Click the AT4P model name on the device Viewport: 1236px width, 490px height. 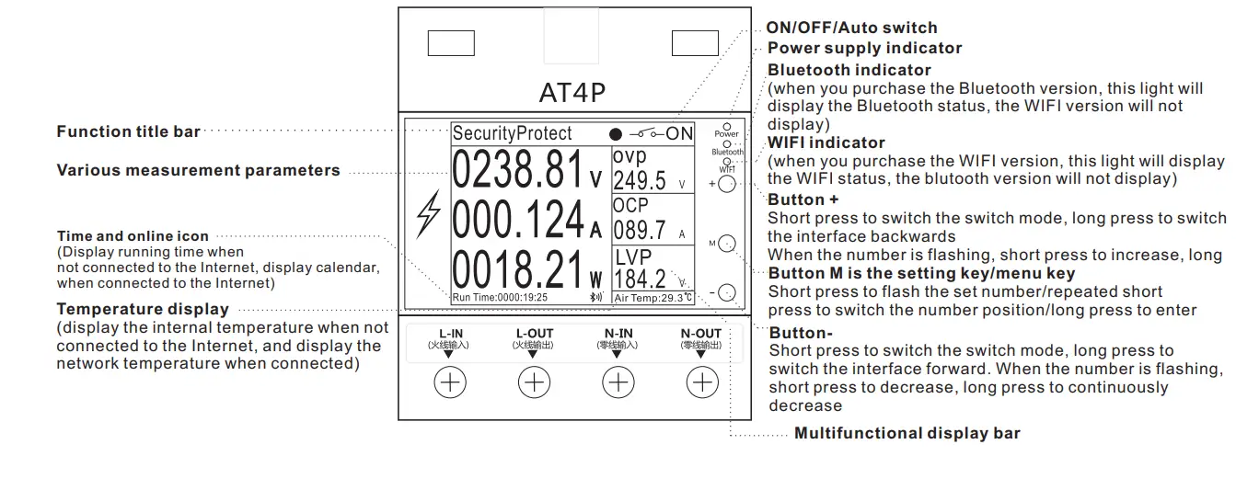coord(572,93)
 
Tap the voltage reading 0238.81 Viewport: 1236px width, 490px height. coord(519,169)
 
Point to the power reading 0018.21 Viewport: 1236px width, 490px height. coord(519,268)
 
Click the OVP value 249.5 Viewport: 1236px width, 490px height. coord(640,180)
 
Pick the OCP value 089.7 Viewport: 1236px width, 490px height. coord(640,230)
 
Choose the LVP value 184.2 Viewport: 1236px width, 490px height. coord(640,279)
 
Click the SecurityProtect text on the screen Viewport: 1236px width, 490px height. coord(513,133)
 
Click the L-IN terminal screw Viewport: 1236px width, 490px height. coord(450,382)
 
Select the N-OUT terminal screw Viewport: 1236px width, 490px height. coord(702,382)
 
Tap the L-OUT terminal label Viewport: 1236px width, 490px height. coord(534,335)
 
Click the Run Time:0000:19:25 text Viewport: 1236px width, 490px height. coord(501,298)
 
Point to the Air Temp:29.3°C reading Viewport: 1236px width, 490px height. coord(653,298)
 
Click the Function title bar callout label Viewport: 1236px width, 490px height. coord(128,131)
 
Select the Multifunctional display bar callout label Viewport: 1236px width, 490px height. coord(907,433)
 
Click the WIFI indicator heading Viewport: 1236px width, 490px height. coord(826,142)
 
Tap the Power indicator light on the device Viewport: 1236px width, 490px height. coord(726,126)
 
